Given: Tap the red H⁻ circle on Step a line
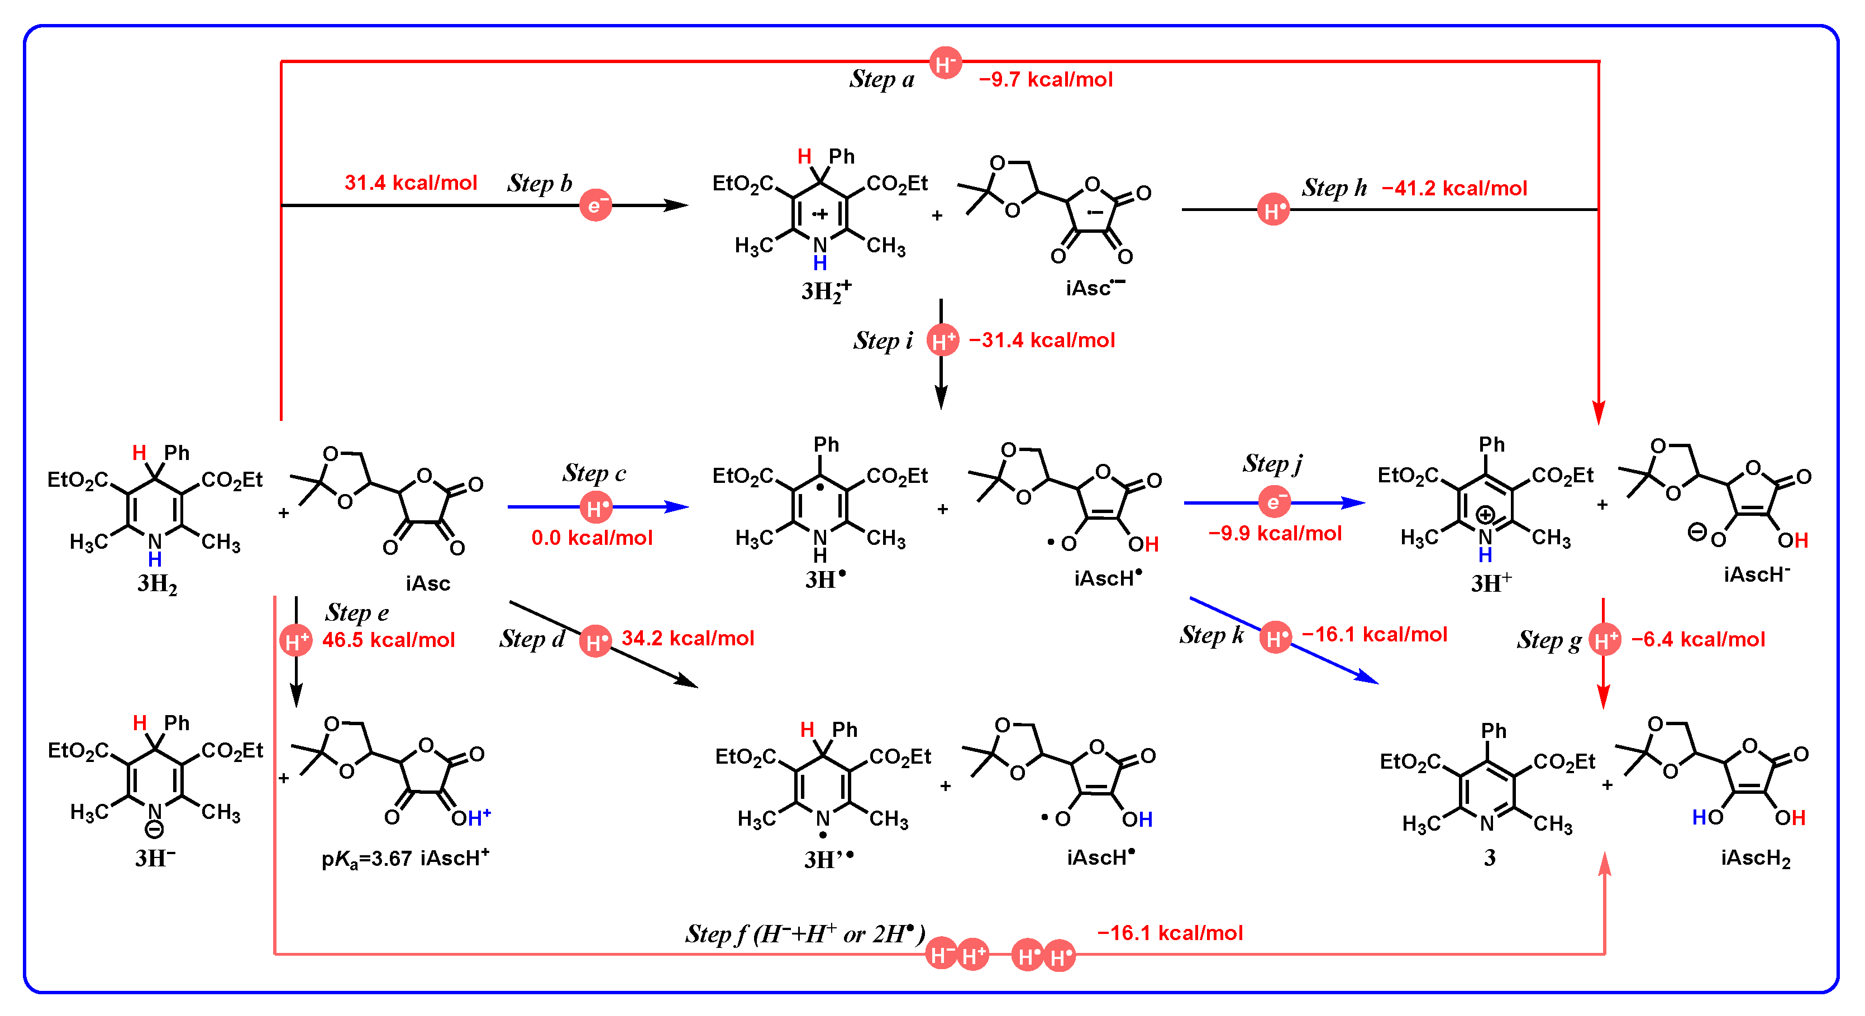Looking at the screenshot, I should click(945, 64).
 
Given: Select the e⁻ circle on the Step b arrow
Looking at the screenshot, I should click(595, 205).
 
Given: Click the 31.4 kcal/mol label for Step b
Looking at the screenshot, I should click(411, 183).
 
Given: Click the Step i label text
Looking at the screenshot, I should click(883, 340).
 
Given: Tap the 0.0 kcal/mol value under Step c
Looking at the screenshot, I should click(592, 538).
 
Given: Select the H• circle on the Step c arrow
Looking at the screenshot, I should click(595, 507).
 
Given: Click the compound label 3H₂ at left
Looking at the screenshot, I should click(157, 583).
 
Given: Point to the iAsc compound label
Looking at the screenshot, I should click(427, 583).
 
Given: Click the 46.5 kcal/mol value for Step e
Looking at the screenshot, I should click(388, 640).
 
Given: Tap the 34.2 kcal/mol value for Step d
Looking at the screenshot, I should click(687, 638).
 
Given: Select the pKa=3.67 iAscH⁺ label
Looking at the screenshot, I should click(406, 858).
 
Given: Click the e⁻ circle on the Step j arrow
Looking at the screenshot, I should click(1273, 501).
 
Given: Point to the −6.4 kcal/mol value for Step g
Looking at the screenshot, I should click(1698, 640).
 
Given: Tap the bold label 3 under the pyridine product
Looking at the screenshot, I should click(1489, 858).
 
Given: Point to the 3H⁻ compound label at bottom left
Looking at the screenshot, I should click(155, 858).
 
